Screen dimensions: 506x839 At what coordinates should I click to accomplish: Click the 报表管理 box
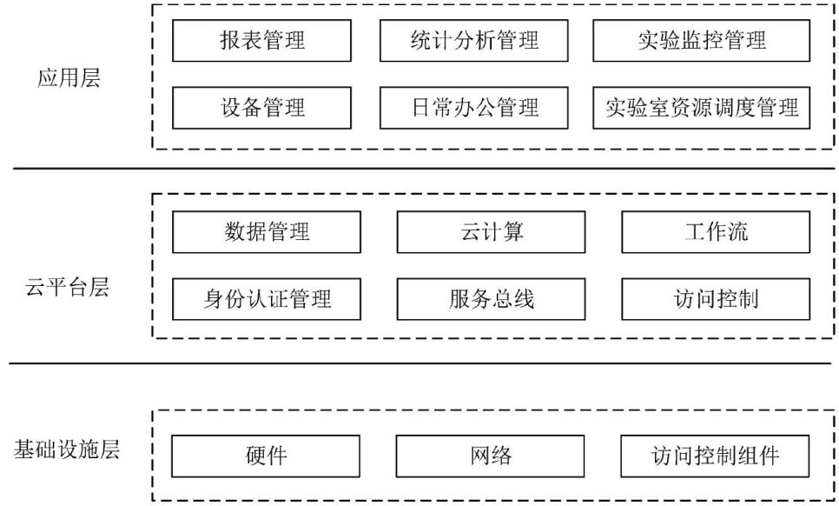point(262,40)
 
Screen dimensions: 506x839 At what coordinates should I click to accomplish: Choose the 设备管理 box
point(262,108)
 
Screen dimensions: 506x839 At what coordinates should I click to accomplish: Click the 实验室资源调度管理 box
point(701,108)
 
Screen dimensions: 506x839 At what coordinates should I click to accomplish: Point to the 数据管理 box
point(266,232)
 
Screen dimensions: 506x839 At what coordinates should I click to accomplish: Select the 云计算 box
point(492,232)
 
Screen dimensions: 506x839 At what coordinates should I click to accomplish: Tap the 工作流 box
point(716,232)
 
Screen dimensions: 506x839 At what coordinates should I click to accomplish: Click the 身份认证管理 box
point(266,299)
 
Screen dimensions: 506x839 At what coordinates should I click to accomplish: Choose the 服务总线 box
point(492,299)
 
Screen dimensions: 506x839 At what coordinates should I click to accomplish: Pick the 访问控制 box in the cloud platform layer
point(716,299)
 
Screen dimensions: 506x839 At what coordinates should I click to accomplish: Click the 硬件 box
point(266,456)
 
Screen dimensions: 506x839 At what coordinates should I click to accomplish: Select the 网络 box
point(492,456)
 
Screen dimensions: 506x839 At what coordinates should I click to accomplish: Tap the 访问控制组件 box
point(716,456)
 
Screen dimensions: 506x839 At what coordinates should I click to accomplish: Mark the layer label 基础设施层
point(67,450)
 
